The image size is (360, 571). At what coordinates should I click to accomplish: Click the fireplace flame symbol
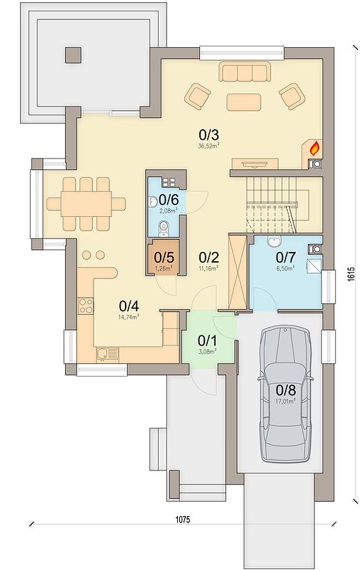click(x=314, y=148)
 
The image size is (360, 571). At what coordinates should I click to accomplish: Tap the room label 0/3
click(x=209, y=135)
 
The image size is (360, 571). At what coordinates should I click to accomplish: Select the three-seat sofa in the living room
click(x=244, y=71)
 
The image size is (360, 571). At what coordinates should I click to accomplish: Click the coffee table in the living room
click(x=244, y=102)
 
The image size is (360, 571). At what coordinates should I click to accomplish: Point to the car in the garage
click(x=286, y=394)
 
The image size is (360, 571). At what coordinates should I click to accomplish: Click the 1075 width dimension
click(x=183, y=520)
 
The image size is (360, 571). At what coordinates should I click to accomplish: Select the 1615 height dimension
click(x=351, y=274)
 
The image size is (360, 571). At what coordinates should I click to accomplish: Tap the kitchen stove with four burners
click(x=86, y=306)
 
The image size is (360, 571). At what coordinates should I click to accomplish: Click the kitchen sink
click(x=107, y=354)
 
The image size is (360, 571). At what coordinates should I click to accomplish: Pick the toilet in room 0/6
click(x=164, y=228)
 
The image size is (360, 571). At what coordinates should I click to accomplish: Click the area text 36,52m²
click(x=209, y=146)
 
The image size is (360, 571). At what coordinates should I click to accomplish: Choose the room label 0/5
click(x=164, y=258)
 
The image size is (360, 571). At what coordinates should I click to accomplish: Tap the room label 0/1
click(x=207, y=341)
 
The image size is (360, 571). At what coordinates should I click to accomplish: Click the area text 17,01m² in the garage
click(x=286, y=400)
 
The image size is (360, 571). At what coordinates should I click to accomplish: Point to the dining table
click(x=86, y=204)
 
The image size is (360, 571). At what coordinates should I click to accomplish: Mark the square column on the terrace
click(x=74, y=55)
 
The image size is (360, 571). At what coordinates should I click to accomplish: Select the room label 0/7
click(x=285, y=258)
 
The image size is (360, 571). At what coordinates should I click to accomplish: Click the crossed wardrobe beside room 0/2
click(x=237, y=272)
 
